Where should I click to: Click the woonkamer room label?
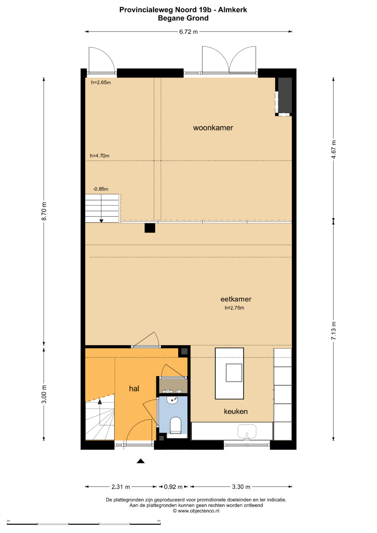(x=213, y=128)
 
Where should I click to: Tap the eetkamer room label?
(x=236, y=299)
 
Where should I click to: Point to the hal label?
(x=134, y=388)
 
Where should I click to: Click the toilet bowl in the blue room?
(x=176, y=424)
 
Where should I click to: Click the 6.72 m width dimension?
(x=188, y=32)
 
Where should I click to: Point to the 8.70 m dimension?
(x=44, y=211)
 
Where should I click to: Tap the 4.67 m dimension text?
(x=334, y=149)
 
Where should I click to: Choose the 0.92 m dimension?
(x=173, y=487)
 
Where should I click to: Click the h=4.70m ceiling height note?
(x=99, y=156)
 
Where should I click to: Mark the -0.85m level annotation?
(x=101, y=189)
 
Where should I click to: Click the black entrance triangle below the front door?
(x=141, y=461)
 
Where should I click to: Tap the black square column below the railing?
(x=150, y=228)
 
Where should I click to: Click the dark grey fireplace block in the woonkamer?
(x=285, y=95)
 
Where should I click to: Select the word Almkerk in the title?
(x=232, y=10)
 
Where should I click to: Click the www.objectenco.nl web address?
(x=199, y=511)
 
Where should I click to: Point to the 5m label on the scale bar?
(x=159, y=521)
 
